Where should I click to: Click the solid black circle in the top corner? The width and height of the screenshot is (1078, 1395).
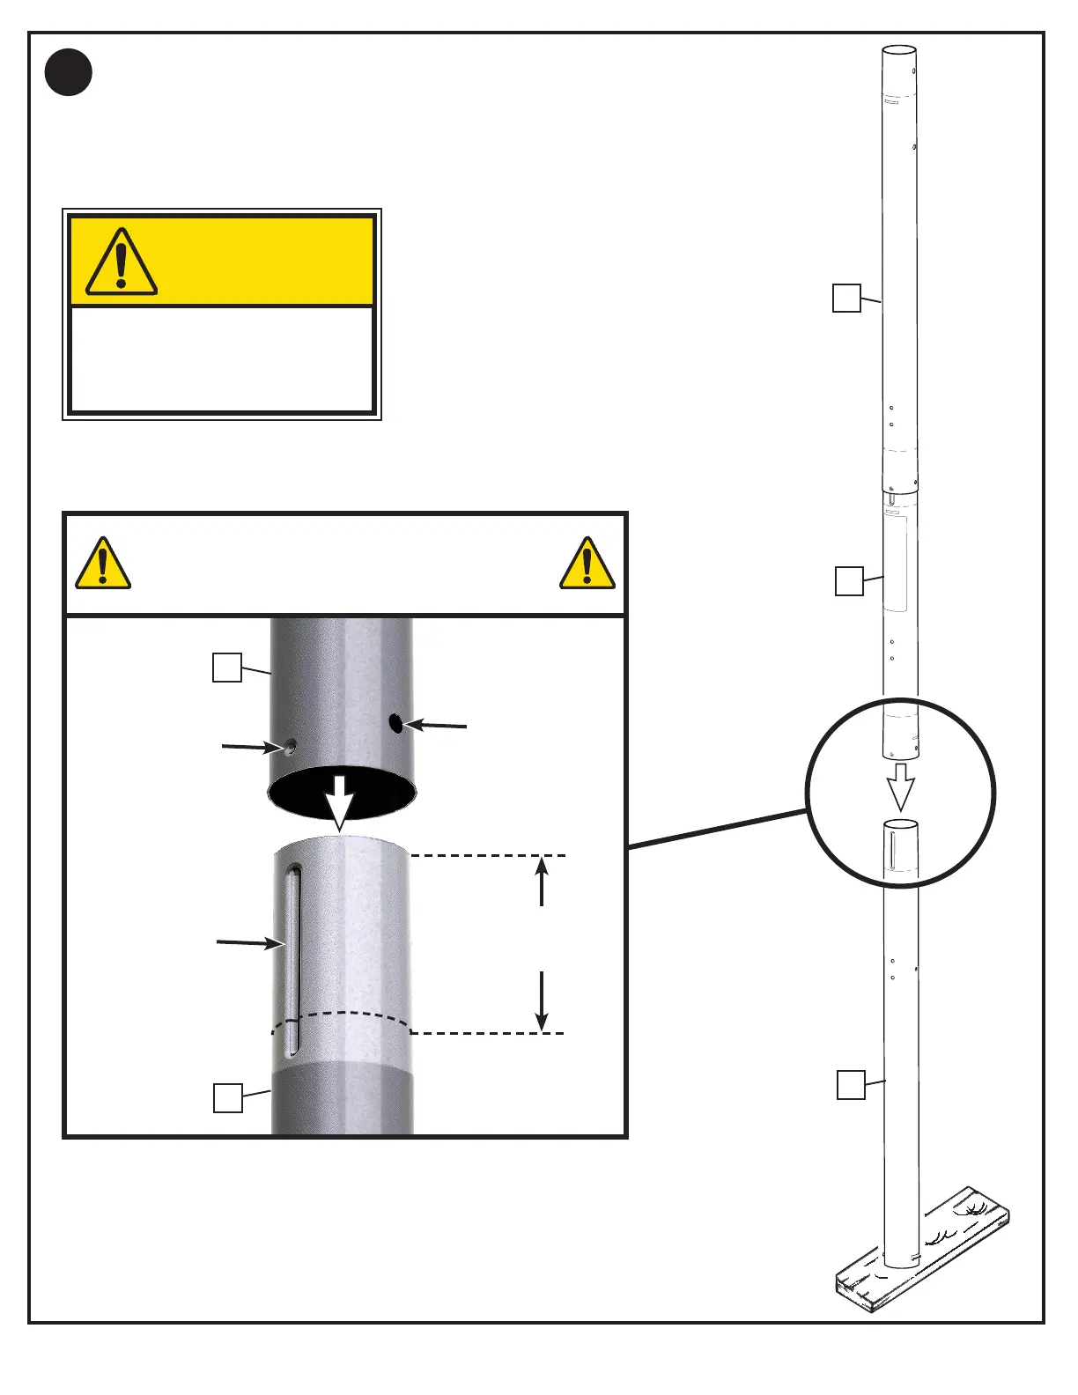(x=69, y=72)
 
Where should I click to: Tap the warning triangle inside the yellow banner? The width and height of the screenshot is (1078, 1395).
(x=122, y=263)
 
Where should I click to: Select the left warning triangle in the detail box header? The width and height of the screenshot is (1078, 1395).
(x=103, y=564)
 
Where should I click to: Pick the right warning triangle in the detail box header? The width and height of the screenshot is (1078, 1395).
(x=587, y=564)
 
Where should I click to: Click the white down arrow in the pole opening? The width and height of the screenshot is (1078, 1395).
(x=340, y=801)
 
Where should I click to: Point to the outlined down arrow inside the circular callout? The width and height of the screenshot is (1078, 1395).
(x=900, y=786)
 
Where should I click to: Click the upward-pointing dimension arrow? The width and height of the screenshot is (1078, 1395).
(x=542, y=881)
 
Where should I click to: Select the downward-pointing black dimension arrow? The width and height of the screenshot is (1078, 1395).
(x=542, y=1001)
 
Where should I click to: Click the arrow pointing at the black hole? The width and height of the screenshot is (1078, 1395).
(x=435, y=726)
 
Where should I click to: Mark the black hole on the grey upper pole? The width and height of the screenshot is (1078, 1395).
(x=395, y=724)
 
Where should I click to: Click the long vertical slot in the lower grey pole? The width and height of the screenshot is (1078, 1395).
(x=293, y=960)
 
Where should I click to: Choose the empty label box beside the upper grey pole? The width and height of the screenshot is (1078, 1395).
(x=227, y=668)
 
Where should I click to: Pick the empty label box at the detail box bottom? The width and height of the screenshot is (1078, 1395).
(x=228, y=1098)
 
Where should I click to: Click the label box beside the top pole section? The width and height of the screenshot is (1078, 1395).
(x=846, y=298)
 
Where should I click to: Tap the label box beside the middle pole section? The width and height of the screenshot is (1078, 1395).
(x=849, y=581)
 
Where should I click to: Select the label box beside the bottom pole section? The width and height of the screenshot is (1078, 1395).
(x=850, y=1085)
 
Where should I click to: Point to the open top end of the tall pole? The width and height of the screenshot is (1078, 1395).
(x=899, y=51)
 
